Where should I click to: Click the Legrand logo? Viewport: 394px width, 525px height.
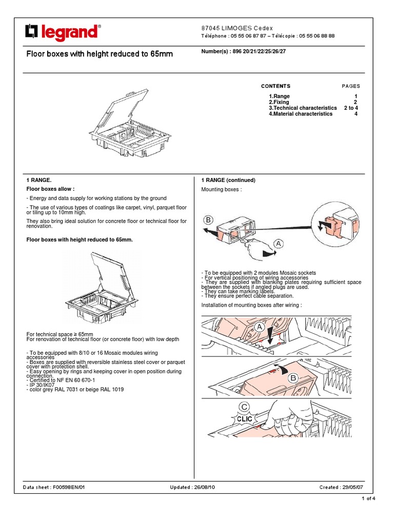(x=62, y=33)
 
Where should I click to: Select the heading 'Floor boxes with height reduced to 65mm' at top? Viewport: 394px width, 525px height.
(x=100, y=54)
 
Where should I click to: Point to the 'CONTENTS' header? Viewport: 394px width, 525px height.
(x=275, y=86)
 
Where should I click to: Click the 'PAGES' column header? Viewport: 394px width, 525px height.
(x=351, y=86)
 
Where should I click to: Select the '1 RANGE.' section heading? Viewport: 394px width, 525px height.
(x=39, y=180)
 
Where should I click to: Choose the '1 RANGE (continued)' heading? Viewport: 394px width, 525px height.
(x=228, y=180)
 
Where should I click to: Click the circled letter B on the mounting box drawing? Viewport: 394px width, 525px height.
(x=208, y=220)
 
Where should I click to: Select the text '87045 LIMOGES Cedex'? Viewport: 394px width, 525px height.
(x=237, y=28)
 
